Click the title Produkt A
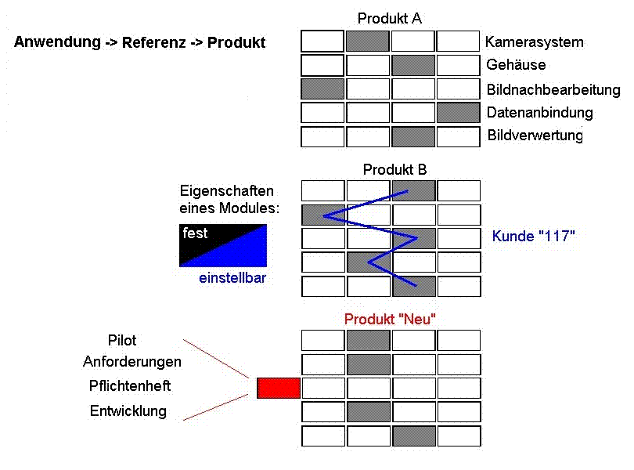[389, 18]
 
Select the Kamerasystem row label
[534, 42]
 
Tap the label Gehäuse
[516, 65]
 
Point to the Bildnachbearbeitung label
[553, 89]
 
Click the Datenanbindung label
[540, 113]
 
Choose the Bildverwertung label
[535, 136]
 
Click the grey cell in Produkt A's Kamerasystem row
[368, 41]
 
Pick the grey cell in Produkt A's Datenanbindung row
[458, 113]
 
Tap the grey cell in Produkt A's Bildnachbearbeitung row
[322, 89]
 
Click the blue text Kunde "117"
[533, 236]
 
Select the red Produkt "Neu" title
[390, 319]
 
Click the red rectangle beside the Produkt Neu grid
[279, 389]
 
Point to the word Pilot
[121, 341]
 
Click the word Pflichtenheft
[130, 386]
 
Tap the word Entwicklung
[128, 411]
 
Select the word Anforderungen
[132, 361]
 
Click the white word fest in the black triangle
[195, 233]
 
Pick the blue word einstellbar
[232, 278]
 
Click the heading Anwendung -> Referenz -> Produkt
[139, 42]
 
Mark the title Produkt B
[394, 169]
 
